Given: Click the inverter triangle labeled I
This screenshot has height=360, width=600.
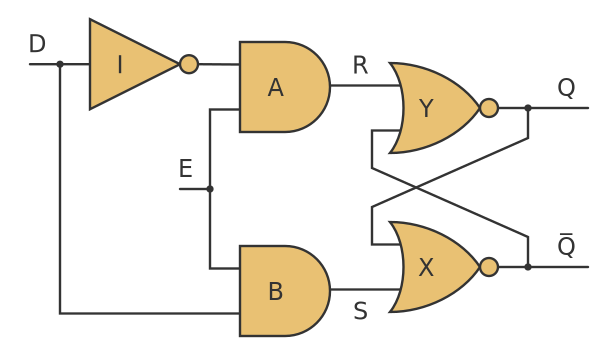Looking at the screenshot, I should coord(125,64).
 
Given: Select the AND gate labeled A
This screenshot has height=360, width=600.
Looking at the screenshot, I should coord(281,87).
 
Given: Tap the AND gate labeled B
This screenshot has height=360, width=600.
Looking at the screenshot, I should coord(281,291).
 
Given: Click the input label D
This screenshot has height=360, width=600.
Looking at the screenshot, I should coord(37,45).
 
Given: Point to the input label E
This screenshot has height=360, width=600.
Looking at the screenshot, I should coord(185,170).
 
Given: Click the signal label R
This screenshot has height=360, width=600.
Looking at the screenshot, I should coord(360,66).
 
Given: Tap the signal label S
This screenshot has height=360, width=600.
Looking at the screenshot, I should coord(360,312).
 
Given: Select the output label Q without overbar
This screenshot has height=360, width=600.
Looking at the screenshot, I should coord(566,88).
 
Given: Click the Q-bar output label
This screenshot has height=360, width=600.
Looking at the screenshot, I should coord(566,246).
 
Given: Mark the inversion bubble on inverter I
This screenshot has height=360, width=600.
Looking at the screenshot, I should coord(189,64).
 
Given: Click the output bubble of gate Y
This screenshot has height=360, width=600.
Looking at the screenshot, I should coord(489,108).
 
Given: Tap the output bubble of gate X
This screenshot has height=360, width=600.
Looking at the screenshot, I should coord(489,267).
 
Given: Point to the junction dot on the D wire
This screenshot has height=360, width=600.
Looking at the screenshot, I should coord(60,64).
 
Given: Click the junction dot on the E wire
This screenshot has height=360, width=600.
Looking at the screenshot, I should coord(210,189).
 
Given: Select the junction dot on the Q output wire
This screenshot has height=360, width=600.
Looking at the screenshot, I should coord(528,108).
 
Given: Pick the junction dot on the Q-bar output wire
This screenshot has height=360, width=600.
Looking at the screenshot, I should coord(528,267).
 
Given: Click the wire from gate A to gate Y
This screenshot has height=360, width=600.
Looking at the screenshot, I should coord(365,85).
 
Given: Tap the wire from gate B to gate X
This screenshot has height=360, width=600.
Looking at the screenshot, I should coord(365,290).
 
